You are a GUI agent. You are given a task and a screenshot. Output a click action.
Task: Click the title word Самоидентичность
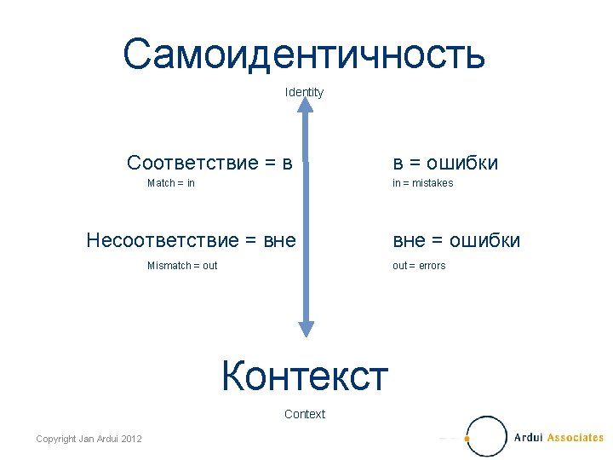[x=304, y=54]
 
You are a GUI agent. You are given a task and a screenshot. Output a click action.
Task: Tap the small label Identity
[x=304, y=92]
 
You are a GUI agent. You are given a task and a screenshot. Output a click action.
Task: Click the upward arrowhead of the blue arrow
[x=305, y=104]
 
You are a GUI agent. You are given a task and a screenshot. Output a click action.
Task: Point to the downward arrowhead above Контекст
[x=306, y=329]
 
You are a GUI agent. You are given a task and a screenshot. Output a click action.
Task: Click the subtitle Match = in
[x=171, y=183]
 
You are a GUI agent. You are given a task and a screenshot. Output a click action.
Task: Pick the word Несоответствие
[x=158, y=241]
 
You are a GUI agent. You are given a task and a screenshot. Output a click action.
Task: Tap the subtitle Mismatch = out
[x=182, y=266]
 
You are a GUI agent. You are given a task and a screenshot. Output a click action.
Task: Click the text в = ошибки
[x=445, y=163]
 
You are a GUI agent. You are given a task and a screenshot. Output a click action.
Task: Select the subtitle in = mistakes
[x=422, y=183]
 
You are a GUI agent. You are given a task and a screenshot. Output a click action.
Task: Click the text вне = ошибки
[x=456, y=241]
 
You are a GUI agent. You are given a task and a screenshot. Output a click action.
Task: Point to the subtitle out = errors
[x=419, y=266]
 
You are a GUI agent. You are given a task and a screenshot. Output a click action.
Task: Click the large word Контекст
[x=305, y=375]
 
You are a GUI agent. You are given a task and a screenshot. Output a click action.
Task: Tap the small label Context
[x=305, y=414]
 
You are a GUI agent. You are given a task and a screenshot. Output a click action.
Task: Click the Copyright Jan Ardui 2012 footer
[x=89, y=438]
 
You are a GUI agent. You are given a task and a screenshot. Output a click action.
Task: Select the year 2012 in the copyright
[x=131, y=438]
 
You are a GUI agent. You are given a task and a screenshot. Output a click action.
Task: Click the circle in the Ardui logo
[x=487, y=435]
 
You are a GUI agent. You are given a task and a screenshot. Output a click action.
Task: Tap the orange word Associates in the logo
[x=575, y=438]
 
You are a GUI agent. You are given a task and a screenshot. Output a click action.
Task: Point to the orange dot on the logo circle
[x=468, y=439]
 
